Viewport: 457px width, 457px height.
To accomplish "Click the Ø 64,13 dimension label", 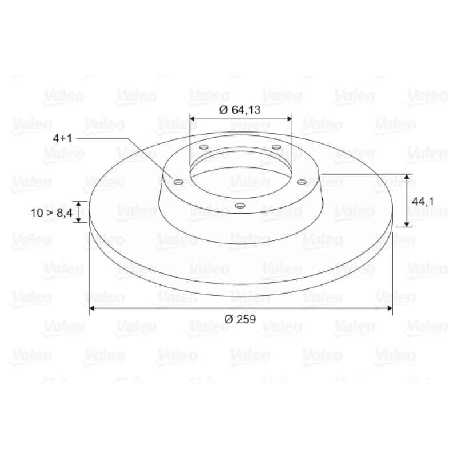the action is click(x=240, y=110).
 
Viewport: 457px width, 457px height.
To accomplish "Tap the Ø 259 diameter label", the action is click(x=240, y=319).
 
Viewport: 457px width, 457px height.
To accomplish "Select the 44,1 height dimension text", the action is click(x=423, y=202).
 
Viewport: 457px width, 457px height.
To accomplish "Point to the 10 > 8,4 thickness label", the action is click(x=51, y=213).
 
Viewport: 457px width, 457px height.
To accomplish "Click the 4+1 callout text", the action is click(x=62, y=138).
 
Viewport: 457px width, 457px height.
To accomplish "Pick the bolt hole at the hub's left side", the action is click(x=178, y=182).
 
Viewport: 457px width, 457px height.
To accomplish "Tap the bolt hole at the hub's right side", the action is click(x=302, y=182).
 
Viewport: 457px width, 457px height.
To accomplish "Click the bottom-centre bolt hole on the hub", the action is click(x=240, y=206).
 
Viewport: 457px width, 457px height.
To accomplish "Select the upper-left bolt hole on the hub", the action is click(x=204, y=147).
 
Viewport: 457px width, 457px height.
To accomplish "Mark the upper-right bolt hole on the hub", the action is click(x=276, y=147).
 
